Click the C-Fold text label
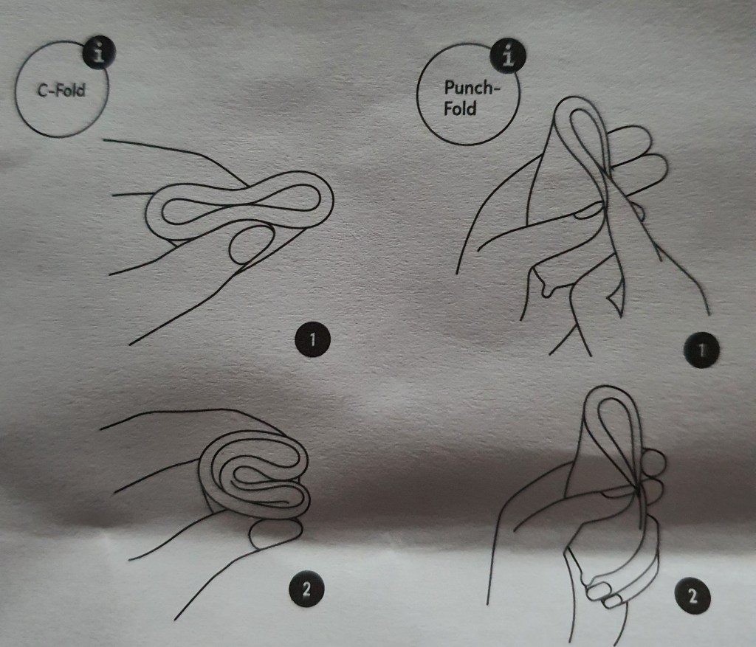[x=61, y=90]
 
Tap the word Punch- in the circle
[x=472, y=88]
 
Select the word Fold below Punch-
[x=460, y=108]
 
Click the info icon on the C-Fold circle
[x=98, y=53]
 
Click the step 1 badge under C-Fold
[x=312, y=340]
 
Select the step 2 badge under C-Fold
[x=306, y=589]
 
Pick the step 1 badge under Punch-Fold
[x=702, y=350]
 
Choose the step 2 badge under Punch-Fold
[x=693, y=596]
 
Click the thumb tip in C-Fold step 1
[x=251, y=246]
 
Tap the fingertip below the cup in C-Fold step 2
[x=275, y=533]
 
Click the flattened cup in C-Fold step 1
[x=240, y=206]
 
